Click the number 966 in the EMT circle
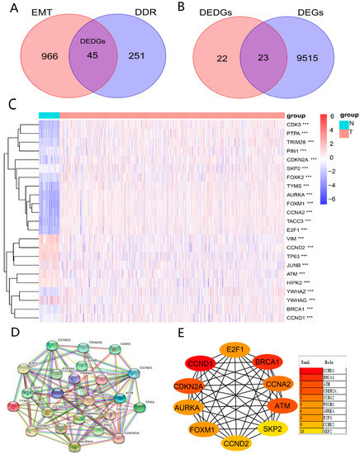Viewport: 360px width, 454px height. click(39, 59)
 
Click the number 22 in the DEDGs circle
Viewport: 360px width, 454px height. click(221, 59)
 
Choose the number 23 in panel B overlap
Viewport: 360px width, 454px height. click(270, 59)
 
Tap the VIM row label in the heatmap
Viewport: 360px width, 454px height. click(293, 215)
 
